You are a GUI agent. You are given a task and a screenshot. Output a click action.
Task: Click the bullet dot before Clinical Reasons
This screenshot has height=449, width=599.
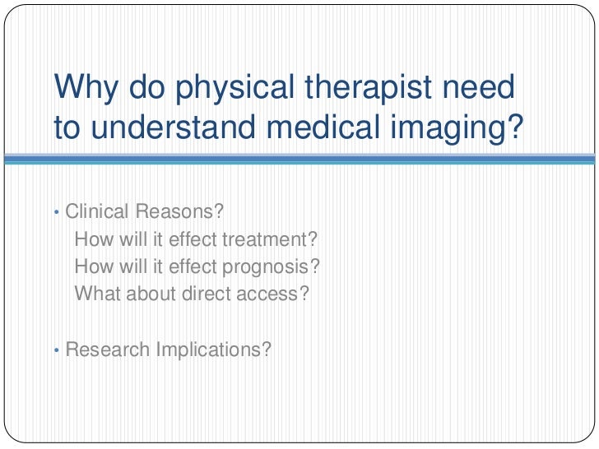pos(55,213)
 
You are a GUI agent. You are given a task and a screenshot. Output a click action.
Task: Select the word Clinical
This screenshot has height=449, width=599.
pos(97,212)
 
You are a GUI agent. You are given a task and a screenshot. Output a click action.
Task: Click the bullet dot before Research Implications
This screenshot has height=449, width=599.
pos(55,350)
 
